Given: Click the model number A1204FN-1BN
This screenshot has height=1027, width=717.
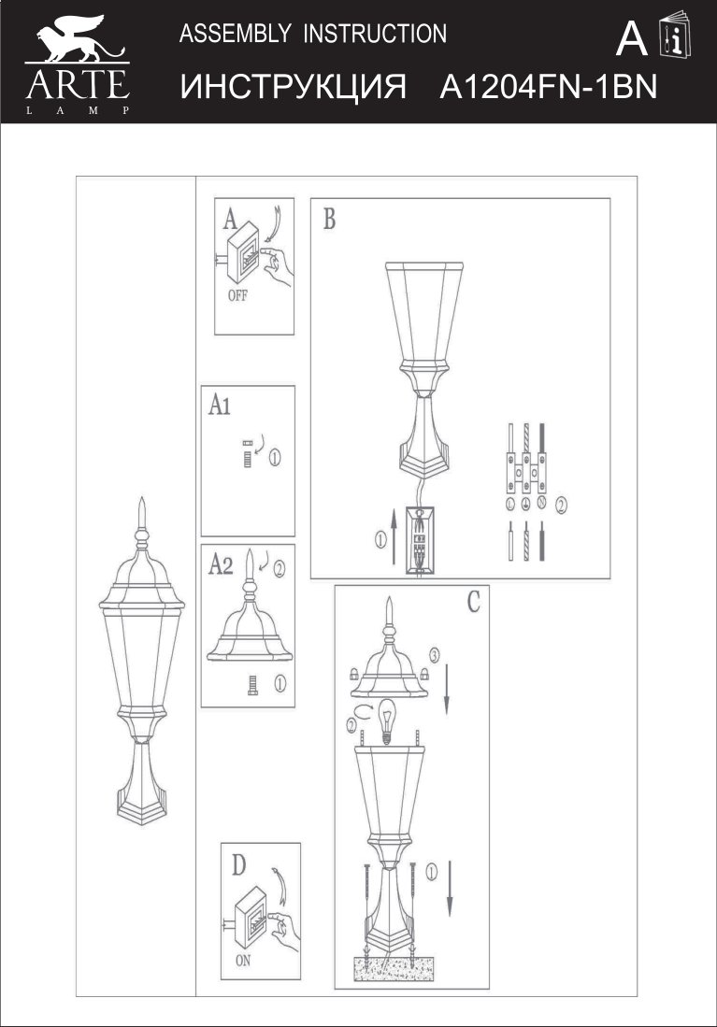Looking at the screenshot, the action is [548, 86].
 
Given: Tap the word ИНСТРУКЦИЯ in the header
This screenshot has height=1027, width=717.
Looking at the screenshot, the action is [293, 87].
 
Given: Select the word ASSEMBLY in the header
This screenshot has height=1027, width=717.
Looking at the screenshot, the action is [235, 33].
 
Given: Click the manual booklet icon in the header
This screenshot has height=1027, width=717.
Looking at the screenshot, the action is [676, 35].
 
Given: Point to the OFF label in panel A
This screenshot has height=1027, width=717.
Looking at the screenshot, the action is [237, 296].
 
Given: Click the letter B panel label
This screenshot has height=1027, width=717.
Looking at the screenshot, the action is [329, 219].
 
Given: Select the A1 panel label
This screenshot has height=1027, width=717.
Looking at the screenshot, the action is [220, 406].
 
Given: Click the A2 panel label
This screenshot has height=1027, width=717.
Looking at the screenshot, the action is [221, 563].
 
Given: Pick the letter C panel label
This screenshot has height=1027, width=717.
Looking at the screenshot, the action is [474, 601].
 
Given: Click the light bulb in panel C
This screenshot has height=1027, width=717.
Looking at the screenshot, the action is [387, 720].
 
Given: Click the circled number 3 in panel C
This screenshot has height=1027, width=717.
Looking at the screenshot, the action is [434, 654].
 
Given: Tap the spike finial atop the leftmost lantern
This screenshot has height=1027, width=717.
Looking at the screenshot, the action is [141, 513].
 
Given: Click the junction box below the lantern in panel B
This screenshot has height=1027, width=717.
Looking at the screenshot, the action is [419, 540].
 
